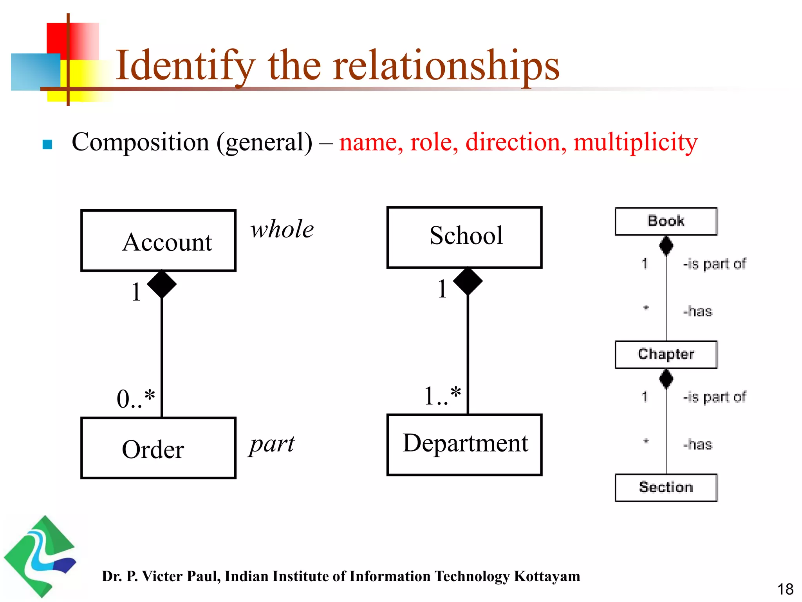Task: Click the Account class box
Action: click(x=158, y=241)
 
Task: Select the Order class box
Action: click(x=158, y=448)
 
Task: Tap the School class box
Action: click(x=464, y=238)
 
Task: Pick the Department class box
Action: click(x=464, y=445)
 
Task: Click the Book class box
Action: click(x=666, y=221)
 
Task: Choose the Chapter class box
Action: click(x=666, y=355)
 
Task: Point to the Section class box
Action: click(x=666, y=488)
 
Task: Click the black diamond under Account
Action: click(x=162, y=284)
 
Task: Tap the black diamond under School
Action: click(x=468, y=281)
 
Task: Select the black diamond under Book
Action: click(x=666, y=246)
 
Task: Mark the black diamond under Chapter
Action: click(x=666, y=379)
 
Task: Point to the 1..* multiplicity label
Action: click(x=443, y=396)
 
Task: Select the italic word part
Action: click(x=272, y=445)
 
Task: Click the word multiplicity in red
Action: click(x=635, y=142)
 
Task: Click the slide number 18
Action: click(x=785, y=589)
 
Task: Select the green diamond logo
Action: click(x=39, y=557)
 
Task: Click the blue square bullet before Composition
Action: click(x=47, y=145)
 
